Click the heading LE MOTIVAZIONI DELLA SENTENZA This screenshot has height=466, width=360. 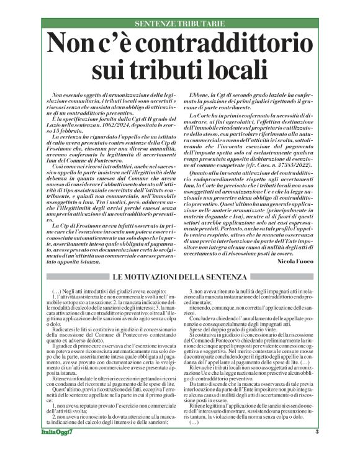click(x=180, y=275)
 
